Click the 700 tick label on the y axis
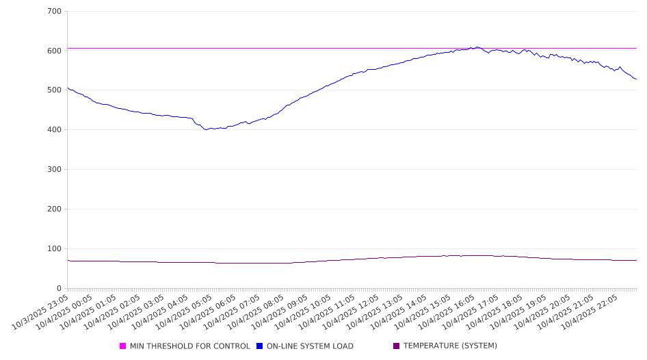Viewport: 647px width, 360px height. coord(55,12)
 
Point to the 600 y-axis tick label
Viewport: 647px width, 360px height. coord(55,51)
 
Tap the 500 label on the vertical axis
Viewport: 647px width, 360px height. coord(55,90)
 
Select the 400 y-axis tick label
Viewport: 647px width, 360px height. coord(55,130)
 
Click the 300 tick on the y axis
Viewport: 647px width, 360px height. coord(55,170)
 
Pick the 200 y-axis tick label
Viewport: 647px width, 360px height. coord(55,209)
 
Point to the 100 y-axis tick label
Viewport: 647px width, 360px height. coord(55,249)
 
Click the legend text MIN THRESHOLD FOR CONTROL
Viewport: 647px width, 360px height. coord(189,346)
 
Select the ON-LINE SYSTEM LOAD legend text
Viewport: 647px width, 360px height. coord(310,346)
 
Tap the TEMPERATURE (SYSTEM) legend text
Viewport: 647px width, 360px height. coord(450,346)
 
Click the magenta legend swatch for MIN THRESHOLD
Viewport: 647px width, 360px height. coord(123,346)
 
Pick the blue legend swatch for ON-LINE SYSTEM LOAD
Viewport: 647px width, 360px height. coord(260,346)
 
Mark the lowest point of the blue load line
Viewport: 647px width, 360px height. coord(206,129)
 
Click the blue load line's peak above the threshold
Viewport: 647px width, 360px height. coord(477,47)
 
